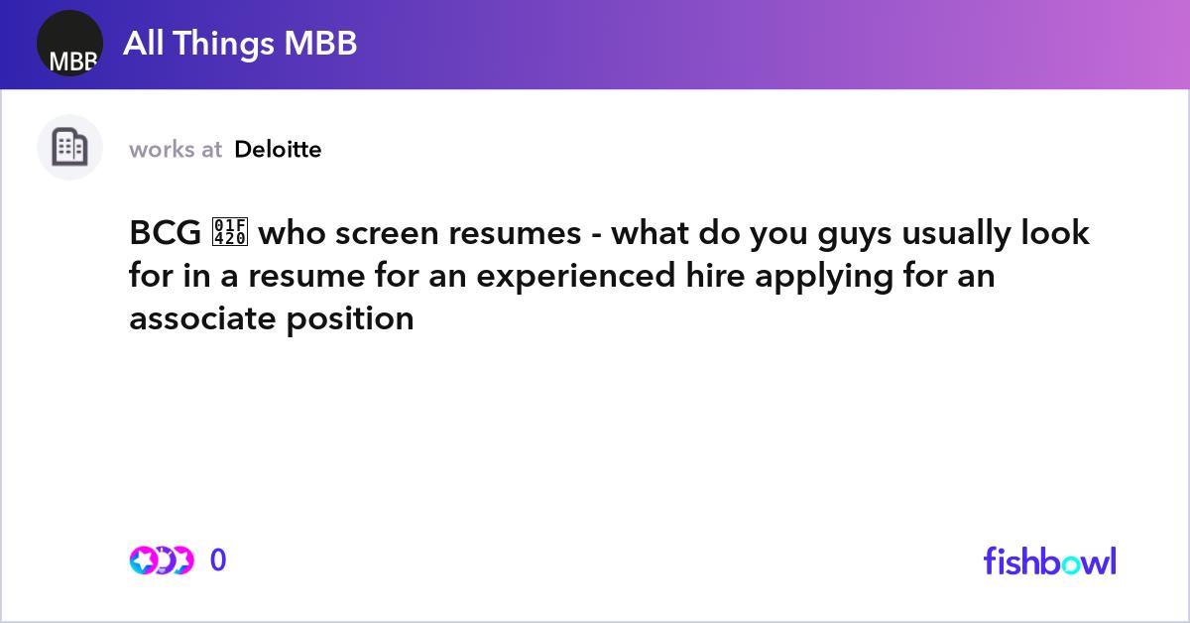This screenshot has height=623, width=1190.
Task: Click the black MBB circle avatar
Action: tap(70, 44)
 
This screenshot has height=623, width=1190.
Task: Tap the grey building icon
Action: tap(69, 148)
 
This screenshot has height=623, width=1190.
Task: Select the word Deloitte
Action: tap(278, 150)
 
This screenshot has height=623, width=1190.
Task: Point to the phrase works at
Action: tap(176, 150)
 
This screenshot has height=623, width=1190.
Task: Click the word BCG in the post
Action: tap(165, 234)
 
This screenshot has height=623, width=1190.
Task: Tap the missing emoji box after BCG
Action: tap(230, 234)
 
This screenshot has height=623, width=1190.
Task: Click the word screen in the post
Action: tap(395, 234)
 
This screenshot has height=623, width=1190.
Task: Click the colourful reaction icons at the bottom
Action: tap(161, 561)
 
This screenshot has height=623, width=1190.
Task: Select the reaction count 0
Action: tap(218, 561)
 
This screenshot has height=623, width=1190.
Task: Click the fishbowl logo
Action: tap(1049, 561)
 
